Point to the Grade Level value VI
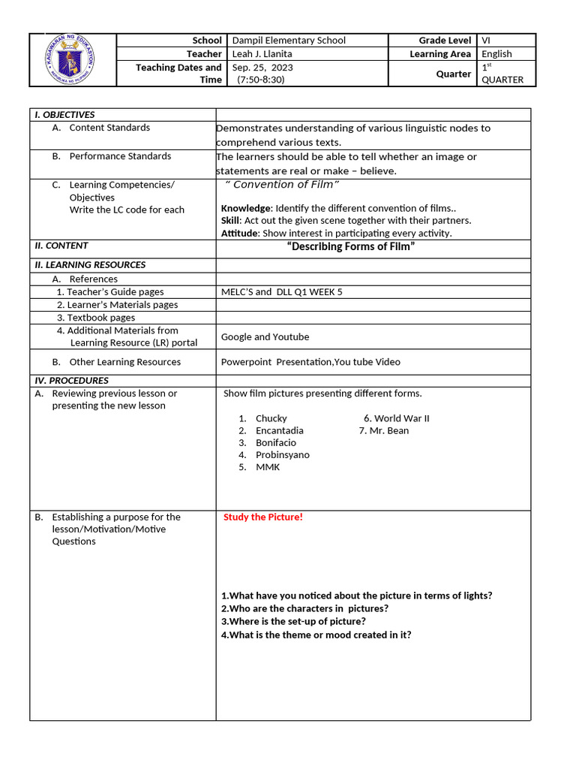(x=487, y=41)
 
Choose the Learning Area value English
(x=496, y=54)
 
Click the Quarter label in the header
(x=453, y=74)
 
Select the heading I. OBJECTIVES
(x=64, y=115)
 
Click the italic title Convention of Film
(x=282, y=185)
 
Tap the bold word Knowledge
(x=245, y=208)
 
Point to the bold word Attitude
(x=239, y=234)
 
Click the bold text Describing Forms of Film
(x=351, y=247)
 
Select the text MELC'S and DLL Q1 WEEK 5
(x=281, y=292)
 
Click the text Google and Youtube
(x=265, y=337)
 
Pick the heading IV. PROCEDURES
(x=71, y=381)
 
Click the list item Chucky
(x=271, y=418)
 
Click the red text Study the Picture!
(x=263, y=517)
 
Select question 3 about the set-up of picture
(x=293, y=622)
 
